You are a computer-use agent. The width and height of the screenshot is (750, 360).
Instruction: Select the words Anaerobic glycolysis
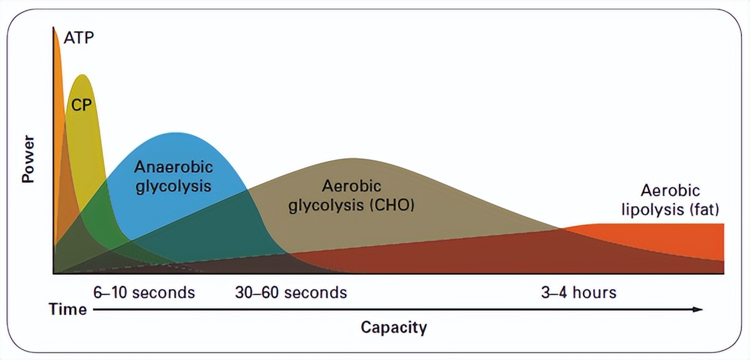click(x=174, y=176)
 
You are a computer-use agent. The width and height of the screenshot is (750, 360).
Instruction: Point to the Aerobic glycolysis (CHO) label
click(x=351, y=196)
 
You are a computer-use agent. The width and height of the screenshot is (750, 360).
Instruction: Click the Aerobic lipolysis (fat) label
click(x=671, y=200)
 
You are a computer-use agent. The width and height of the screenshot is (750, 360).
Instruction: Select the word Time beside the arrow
click(x=68, y=309)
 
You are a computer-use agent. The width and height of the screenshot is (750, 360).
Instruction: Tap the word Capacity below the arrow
click(x=394, y=328)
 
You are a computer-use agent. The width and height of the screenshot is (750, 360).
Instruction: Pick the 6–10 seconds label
click(x=144, y=292)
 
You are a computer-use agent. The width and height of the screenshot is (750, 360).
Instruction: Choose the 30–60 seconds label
click(x=291, y=292)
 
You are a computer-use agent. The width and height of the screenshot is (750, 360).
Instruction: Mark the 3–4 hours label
click(x=579, y=292)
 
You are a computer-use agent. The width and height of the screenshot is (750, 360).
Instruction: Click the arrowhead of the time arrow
click(x=699, y=309)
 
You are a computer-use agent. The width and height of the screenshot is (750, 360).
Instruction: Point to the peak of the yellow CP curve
click(x=82, y=76)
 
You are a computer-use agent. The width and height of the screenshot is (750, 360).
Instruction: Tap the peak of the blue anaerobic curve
click(x=178, y=133)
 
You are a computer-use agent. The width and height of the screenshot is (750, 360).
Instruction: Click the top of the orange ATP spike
click(x=55, y=31)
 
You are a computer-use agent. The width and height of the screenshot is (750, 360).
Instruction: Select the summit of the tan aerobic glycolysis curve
click(x=353, y=159)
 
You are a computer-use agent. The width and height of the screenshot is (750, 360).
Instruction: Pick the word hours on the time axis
click(x=595, y=292)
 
